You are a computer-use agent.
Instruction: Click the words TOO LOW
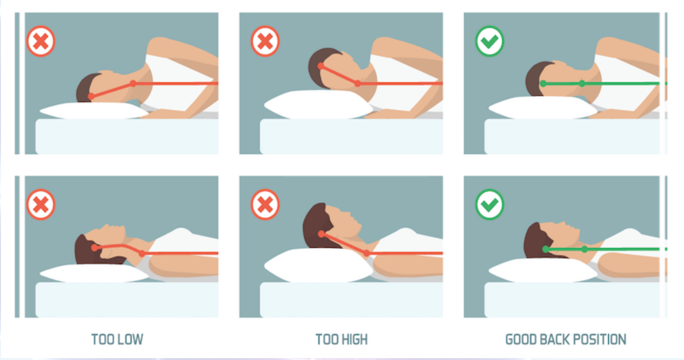(x=117, y=339)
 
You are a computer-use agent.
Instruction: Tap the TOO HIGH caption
(x=342, y=339)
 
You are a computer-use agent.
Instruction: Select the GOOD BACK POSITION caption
(x=566, y=339)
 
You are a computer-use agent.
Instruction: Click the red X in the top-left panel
(x=41, y=41)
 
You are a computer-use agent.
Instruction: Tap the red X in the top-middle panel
(x=265, y=41)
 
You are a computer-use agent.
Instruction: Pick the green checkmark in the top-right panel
(x=490, y=41)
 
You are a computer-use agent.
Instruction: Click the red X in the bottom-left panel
(x=41, y=205)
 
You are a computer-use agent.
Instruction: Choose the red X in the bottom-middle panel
(x=265, y=205)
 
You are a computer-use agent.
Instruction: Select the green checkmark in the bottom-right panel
(x=490, y=205)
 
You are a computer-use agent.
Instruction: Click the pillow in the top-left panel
(x=94, y=111)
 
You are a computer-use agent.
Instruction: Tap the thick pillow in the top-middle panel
(x=318, y=105)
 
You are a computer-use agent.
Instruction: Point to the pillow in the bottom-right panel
(x=543, y=270)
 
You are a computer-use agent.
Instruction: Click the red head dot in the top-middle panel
(x=321, y=66)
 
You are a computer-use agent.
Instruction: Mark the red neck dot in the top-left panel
(x=133, y=83)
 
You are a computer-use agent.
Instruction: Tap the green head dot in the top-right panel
(x=543, y=83)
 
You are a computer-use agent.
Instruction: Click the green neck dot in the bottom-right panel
(x=585, y=249)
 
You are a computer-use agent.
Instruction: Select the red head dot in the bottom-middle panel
(x=321, y=235)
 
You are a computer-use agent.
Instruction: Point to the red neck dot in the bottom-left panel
(x=142, y=253)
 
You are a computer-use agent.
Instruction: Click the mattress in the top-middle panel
(x=351, y=136)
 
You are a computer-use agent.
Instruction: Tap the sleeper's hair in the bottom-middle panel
(x=316, y=226)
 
